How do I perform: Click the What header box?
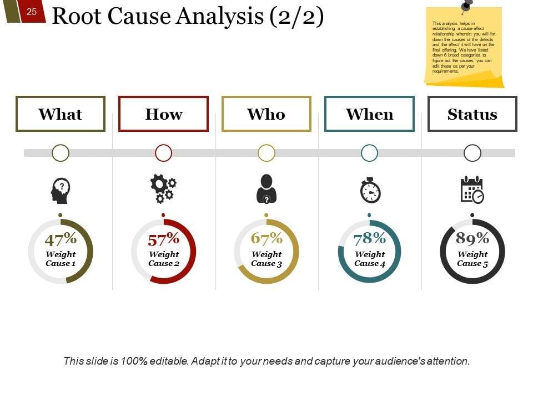[61, 114]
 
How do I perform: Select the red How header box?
[163, 114]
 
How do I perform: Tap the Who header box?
[266, 114]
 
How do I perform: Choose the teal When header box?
[369, 114]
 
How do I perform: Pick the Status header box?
[472, 114]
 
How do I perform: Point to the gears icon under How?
[163, 189]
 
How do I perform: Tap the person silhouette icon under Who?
[266, 189]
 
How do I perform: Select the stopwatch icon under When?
[370, 190]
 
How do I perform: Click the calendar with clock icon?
[472, 190]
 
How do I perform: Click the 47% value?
[61, 240]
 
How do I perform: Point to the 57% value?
[164, 240]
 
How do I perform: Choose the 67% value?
[266, 239]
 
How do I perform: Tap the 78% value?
[370, 239]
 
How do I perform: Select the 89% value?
[472, 239]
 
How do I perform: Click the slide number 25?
[32, 11]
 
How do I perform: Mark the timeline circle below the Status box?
[472, 153]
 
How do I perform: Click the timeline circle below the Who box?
[266, 153]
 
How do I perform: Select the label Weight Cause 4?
[370, 259]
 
